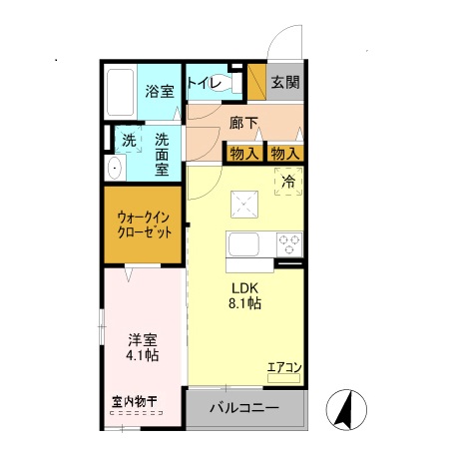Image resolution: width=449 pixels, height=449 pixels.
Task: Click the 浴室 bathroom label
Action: (160, 91)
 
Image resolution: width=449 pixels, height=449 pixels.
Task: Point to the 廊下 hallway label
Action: (243, 124)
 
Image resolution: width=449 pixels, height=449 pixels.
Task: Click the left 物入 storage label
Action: (243, 153)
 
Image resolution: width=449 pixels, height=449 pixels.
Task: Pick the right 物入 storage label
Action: (284, 153)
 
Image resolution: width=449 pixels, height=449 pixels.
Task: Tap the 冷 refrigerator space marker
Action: (287, 183)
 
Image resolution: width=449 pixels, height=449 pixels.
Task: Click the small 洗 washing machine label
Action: (129, 140)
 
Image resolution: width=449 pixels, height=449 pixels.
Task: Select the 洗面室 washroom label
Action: (162, 155)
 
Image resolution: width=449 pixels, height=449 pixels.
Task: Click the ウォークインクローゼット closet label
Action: (145, 224)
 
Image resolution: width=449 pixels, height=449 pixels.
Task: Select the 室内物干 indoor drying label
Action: (133, 402)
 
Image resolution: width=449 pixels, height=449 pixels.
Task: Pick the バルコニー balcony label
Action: (243, 408)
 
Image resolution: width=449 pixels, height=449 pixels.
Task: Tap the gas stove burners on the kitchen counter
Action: (287, 243)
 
